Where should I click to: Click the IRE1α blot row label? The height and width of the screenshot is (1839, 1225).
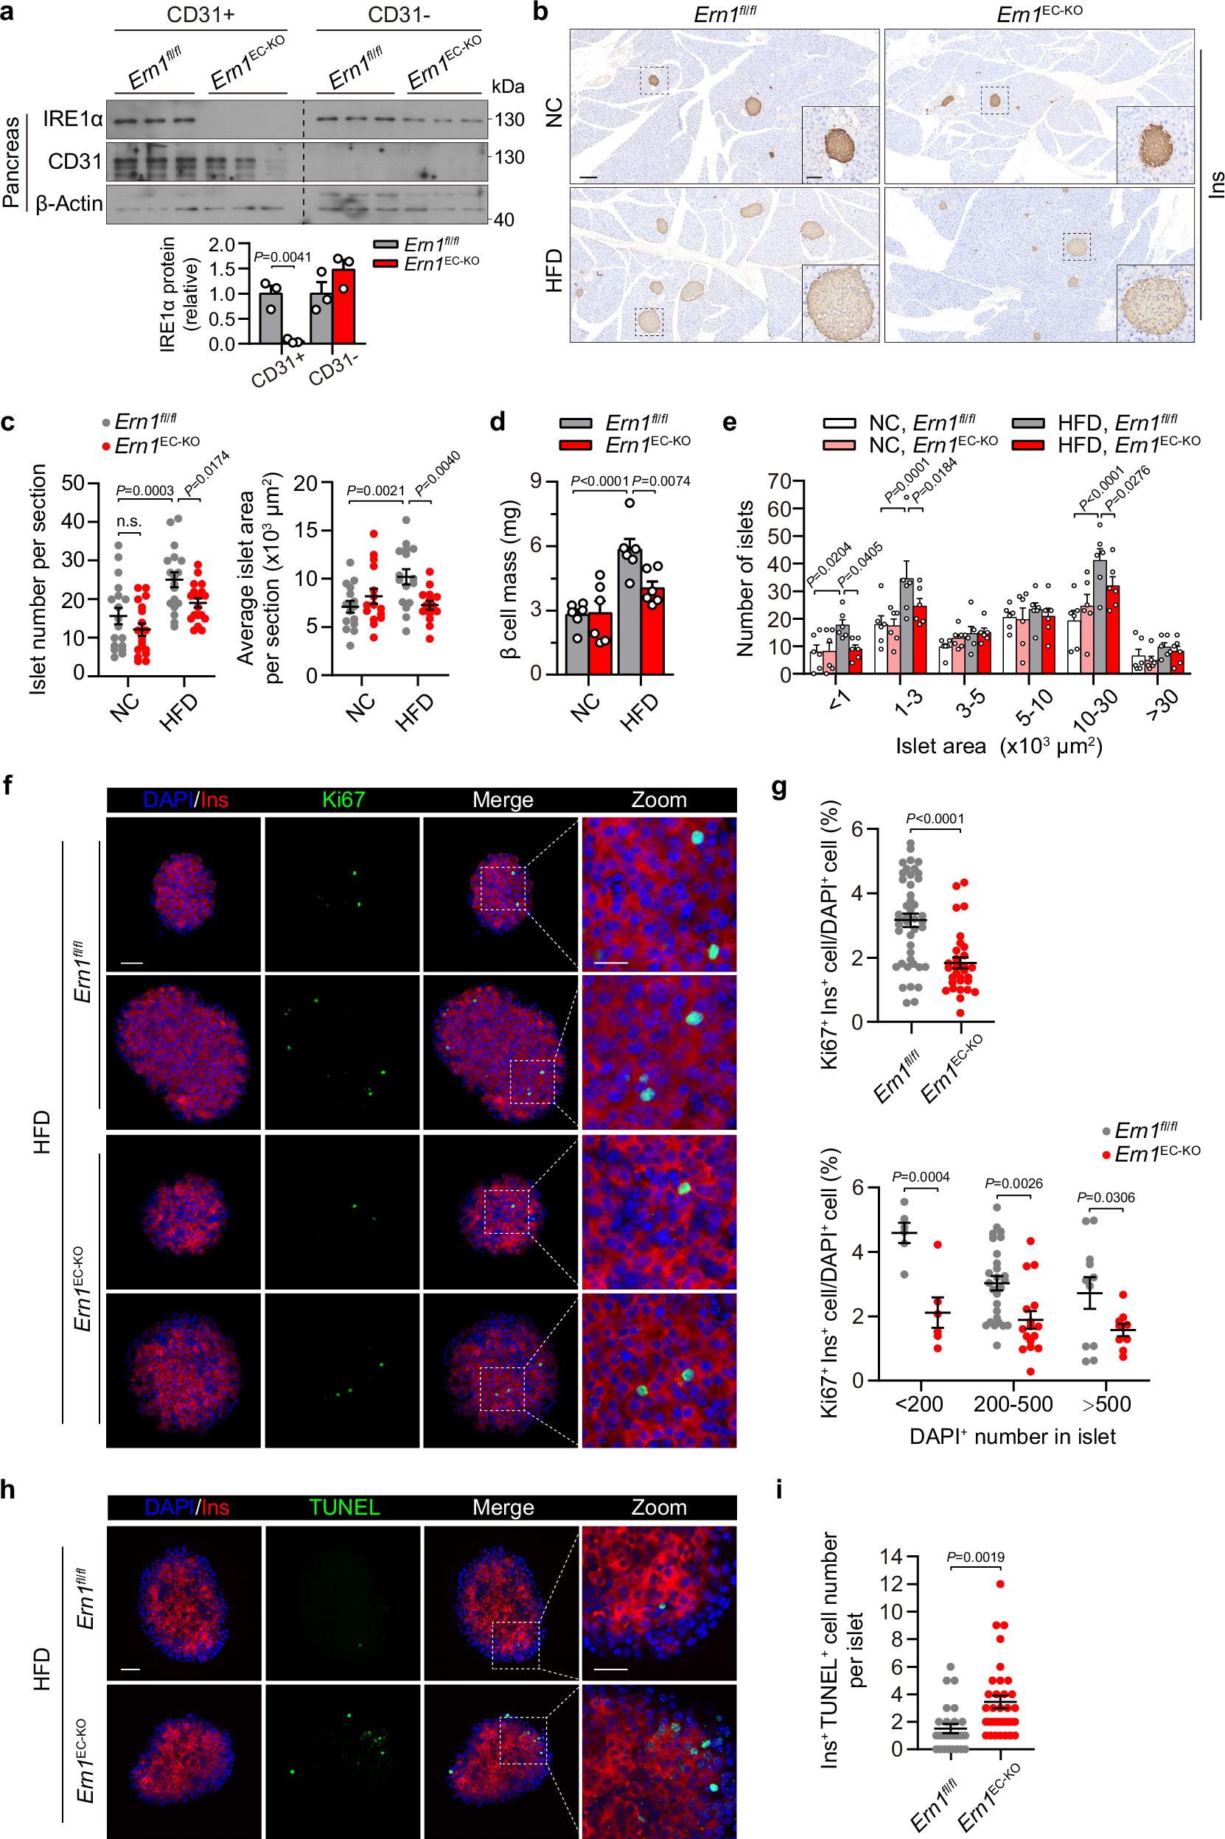72,119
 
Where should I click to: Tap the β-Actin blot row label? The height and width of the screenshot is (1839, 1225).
69,204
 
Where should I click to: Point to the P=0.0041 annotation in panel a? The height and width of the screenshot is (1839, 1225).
282,257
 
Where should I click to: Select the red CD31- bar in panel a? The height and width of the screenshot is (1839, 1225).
343,306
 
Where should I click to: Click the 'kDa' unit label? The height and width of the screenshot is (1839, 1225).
507,86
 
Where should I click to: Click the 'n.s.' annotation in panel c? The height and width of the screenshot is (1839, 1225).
128,521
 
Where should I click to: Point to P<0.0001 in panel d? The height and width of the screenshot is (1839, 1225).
599,481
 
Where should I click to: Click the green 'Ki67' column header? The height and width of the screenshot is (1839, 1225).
343,800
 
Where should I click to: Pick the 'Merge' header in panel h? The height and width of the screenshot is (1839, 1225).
503,1507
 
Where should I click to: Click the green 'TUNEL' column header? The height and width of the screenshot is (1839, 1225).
343,1507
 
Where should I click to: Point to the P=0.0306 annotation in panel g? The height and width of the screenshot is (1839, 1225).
1106,1197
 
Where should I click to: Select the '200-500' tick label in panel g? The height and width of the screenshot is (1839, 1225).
1013,1404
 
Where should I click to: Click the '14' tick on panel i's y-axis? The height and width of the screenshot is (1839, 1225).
890,1556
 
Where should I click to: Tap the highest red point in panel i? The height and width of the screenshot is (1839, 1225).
1000,1583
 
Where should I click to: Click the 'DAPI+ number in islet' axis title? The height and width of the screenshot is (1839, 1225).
1013,1437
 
